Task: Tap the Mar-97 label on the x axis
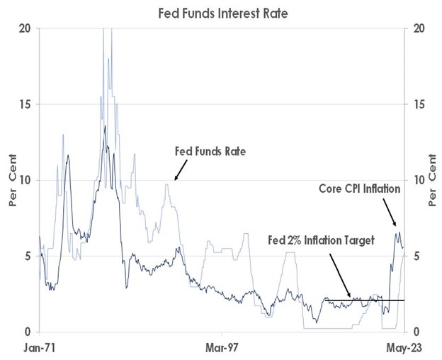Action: (x=222, y=348)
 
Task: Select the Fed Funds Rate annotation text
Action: (x=210, y=151)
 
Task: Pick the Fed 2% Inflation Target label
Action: (x=321, y=240)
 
